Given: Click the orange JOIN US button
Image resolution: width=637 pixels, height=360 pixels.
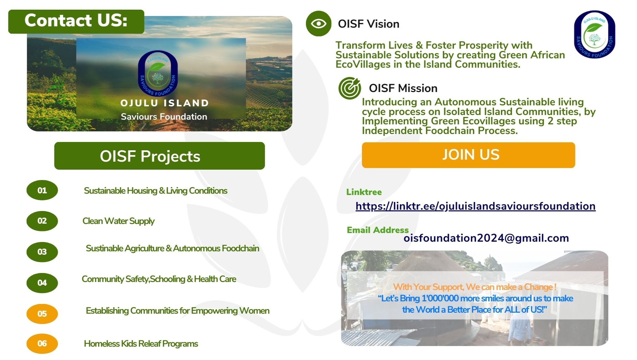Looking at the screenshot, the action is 468,155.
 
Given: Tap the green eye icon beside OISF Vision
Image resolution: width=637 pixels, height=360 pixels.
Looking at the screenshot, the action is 319,24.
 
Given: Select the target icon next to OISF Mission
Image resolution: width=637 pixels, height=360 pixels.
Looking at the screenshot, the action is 350,88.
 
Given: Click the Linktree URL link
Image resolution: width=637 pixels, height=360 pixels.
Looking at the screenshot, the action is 475,206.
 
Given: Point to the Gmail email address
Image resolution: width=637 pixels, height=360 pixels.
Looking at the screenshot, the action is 486,238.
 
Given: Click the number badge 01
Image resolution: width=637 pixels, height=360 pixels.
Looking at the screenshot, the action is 42,190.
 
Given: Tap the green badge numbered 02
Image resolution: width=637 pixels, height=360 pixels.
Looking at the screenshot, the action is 42,221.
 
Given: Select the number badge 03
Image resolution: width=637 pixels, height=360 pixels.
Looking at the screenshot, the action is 42,252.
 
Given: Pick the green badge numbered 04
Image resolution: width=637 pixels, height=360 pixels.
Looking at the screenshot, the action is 42,283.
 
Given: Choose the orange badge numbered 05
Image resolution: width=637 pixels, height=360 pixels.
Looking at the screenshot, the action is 42,314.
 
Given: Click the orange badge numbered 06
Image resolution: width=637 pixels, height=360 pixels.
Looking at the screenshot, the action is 42,344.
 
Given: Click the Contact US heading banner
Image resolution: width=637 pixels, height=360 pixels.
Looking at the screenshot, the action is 76,21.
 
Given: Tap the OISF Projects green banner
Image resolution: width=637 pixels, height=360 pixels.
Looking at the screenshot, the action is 160,156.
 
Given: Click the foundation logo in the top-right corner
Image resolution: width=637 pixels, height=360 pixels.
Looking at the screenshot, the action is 595,35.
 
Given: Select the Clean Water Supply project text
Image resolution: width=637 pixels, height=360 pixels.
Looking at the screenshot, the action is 118,221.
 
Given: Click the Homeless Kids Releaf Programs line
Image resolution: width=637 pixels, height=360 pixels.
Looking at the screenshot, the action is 141,344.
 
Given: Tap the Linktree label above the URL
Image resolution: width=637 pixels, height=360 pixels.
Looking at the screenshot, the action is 364,192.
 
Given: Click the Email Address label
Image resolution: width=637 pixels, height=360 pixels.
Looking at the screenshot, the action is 378,230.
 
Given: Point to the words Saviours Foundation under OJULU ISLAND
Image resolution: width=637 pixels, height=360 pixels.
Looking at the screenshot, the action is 164,117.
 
